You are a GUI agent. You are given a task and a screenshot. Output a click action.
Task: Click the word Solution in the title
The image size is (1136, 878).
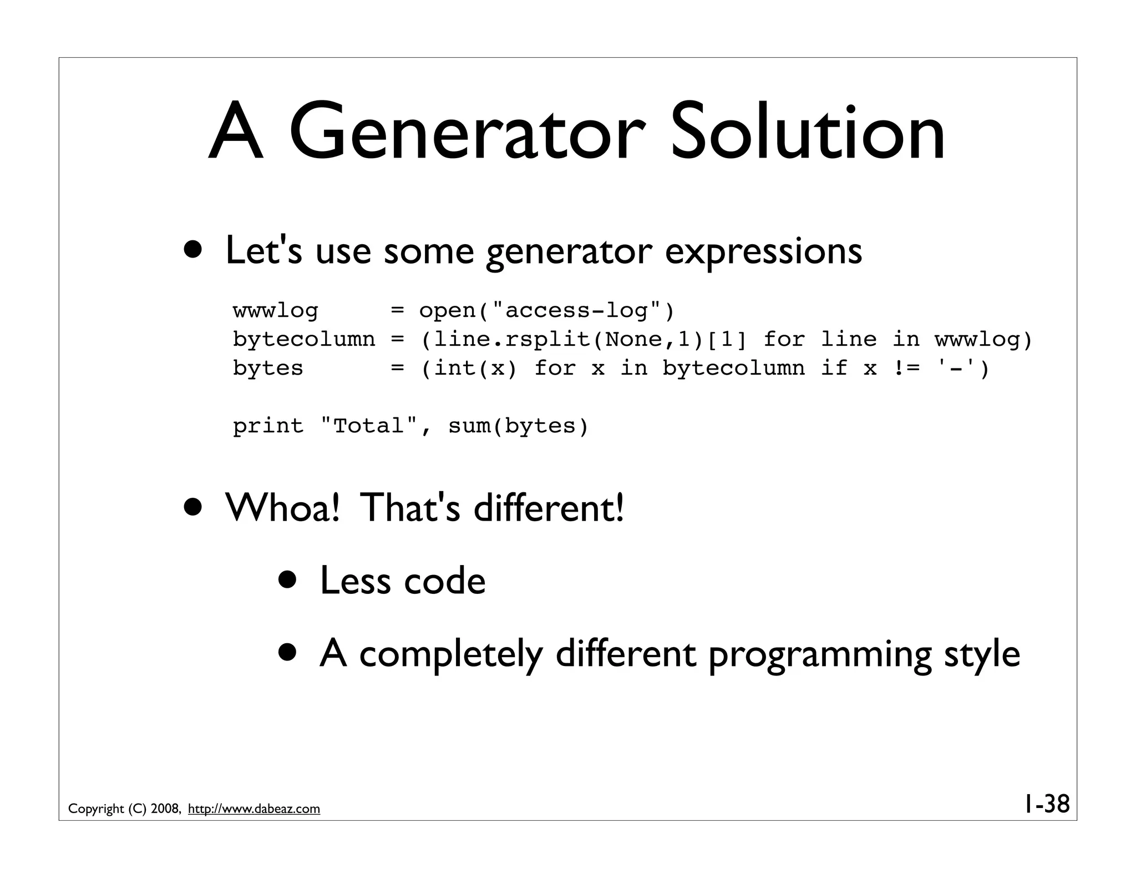click(807, 133)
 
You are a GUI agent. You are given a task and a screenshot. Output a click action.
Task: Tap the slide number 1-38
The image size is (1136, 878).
click(1046, 804)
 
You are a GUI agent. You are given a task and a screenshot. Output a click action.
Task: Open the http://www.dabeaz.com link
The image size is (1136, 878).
click(254, 809)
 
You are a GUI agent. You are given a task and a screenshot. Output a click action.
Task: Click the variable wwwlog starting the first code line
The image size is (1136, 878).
click(276, 311)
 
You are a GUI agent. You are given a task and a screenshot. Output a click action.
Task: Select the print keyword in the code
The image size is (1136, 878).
click(268, 426)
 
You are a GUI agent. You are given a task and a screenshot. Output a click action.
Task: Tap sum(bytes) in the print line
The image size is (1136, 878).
click(518, 426)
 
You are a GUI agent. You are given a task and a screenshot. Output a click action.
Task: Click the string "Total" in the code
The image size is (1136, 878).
click(369, 426)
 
